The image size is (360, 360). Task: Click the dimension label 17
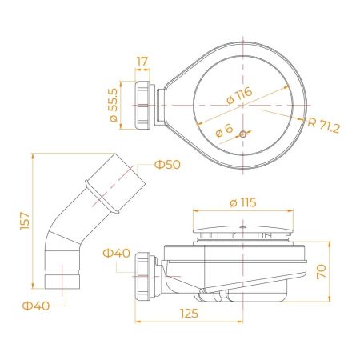pos(142,62)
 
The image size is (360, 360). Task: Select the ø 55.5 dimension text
pos(114,105)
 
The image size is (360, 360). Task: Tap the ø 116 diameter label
pos(239,95)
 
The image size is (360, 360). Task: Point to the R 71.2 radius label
pos(324,126)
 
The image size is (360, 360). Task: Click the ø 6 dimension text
pos(224,130)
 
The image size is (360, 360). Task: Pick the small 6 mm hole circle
pos(242,134)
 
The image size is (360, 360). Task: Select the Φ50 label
pos(167,165)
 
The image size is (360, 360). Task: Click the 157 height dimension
pos(25,221)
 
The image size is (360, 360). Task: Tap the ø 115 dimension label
pos(243,202)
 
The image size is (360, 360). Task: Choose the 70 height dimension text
pos(322,271)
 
